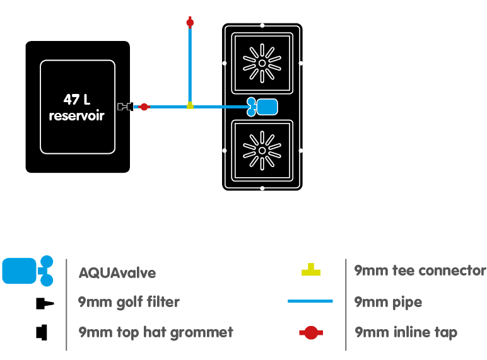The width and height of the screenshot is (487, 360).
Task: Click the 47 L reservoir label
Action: [x=77, y=107]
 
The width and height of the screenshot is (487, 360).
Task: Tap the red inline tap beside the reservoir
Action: [x=144, y=107]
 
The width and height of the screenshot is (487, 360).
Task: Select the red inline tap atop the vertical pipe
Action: [x=190, y=23]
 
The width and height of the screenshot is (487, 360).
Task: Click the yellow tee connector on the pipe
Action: [x=190, y=106]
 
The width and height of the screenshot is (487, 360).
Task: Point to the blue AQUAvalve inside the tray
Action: [x=263, y=107]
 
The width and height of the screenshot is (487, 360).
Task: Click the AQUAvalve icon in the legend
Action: [x=27, y=270]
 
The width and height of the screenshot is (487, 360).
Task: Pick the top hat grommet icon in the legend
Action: [x=42, y=332]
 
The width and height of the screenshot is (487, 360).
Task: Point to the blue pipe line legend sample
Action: [x=310, y=301]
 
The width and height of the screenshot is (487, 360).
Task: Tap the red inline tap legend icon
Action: [x=310, y=333]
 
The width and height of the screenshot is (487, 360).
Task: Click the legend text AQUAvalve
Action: [x=117, y=273]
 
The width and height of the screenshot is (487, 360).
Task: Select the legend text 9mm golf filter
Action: [x=129, y=303]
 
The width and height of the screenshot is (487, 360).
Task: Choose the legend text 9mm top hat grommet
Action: [x=156, y=332]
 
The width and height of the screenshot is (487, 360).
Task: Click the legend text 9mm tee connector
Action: [x=420, y=271]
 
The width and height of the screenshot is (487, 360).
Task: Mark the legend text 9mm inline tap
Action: [x=406, y=332]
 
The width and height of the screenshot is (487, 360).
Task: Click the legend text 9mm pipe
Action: [x=389, y=302]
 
